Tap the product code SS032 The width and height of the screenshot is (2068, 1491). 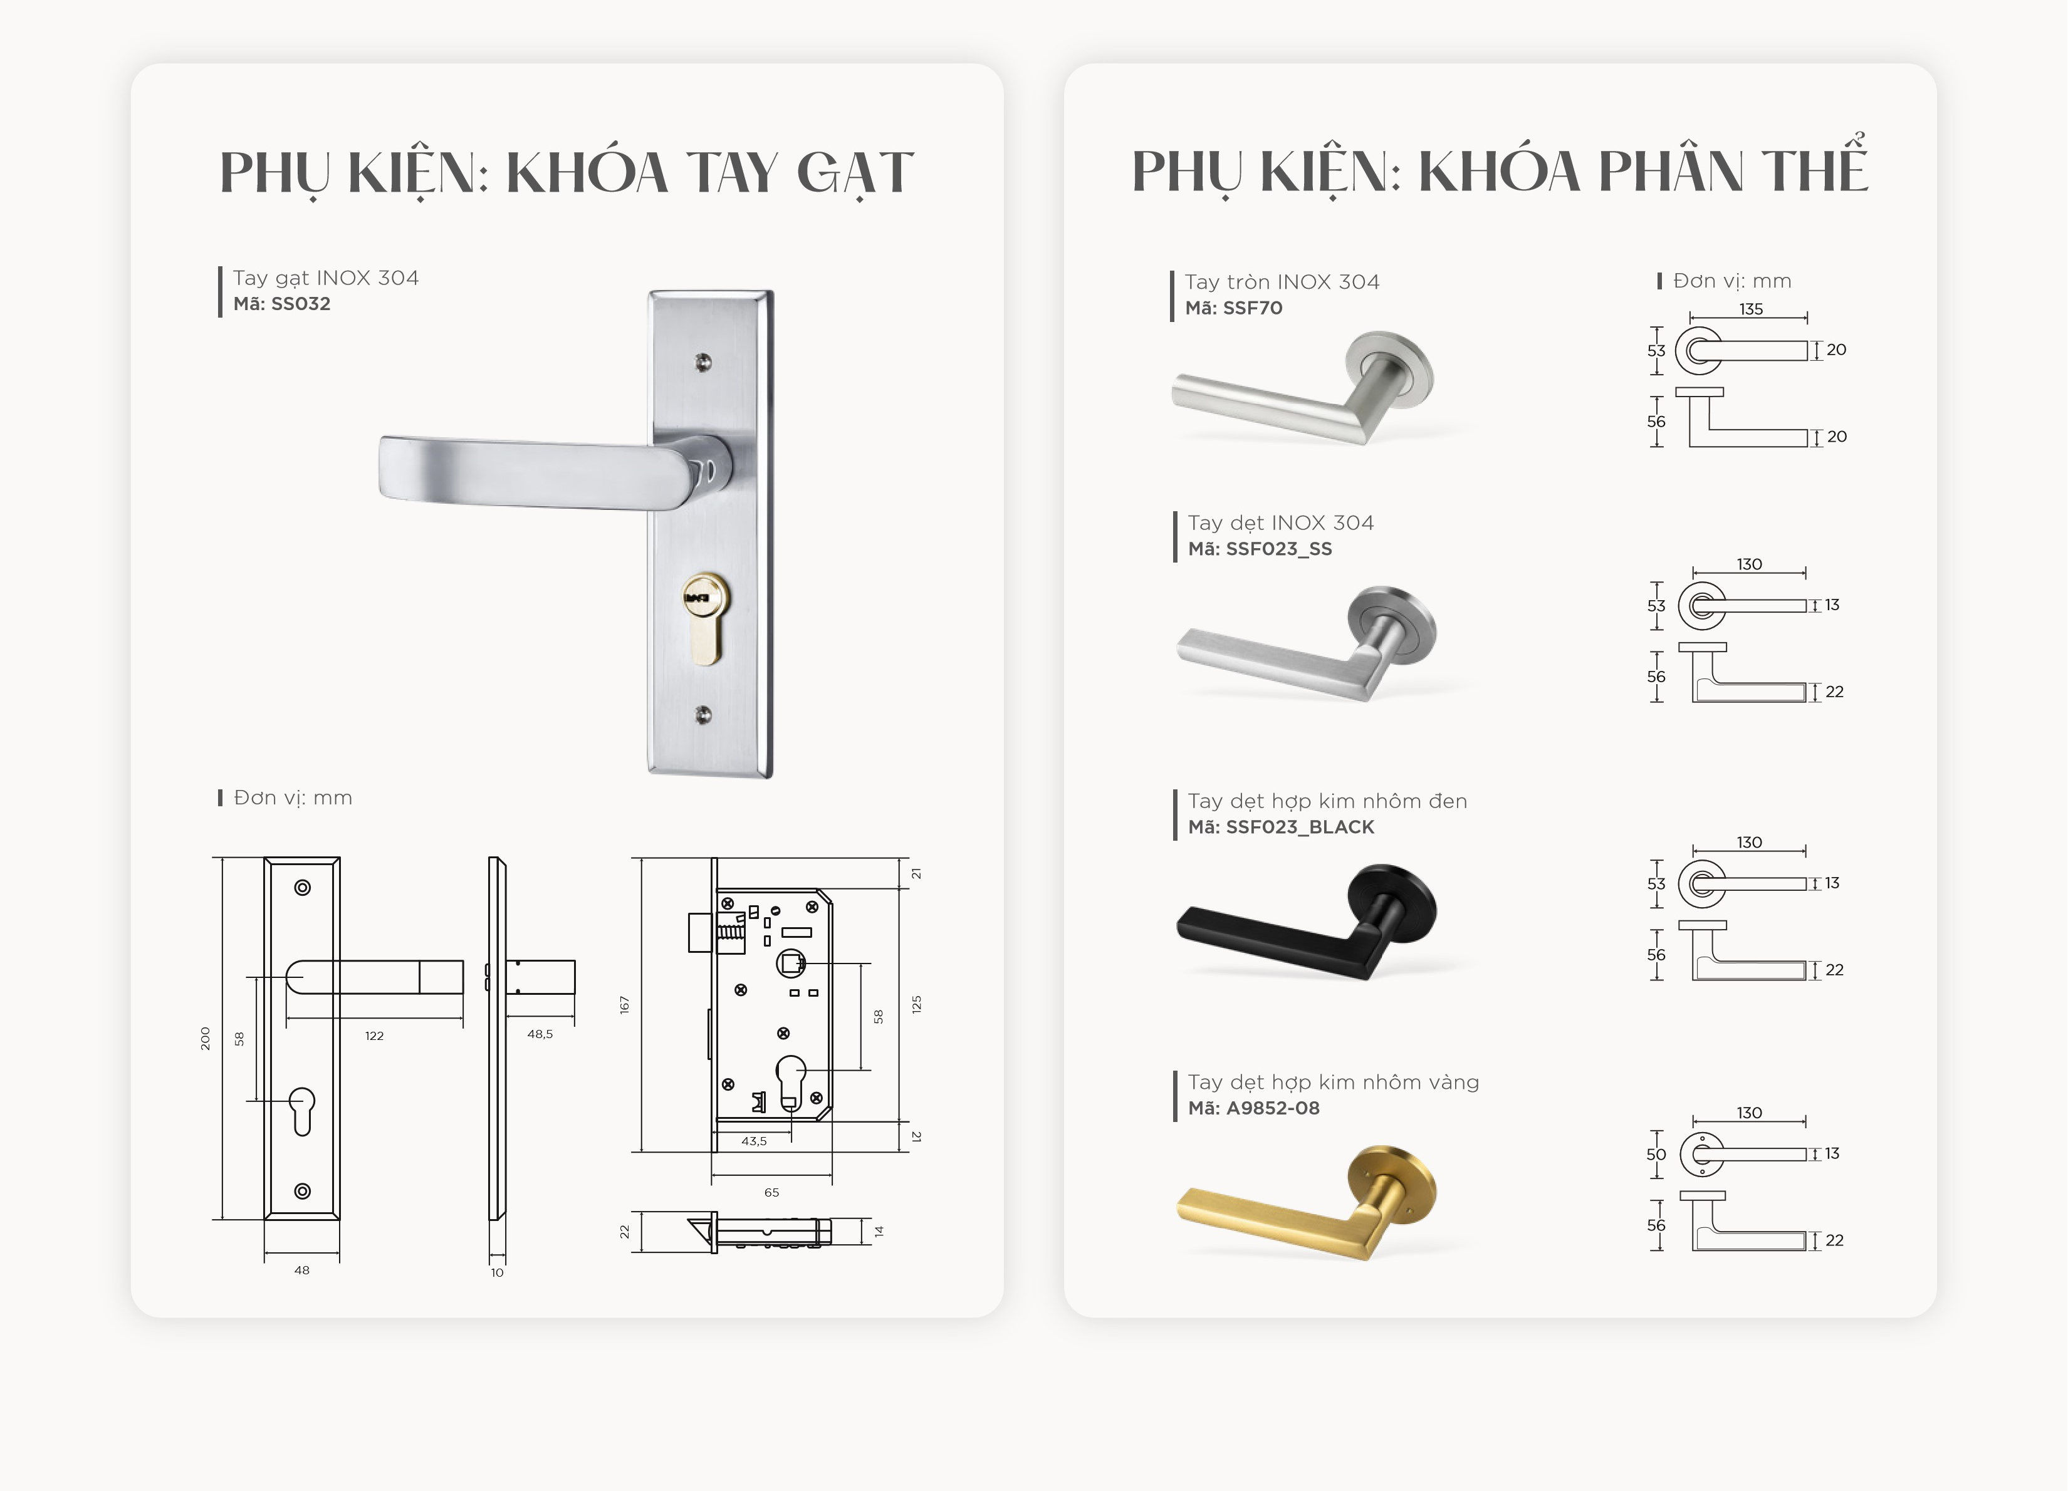(300, 303)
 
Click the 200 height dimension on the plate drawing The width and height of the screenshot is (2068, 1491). (205, 1038)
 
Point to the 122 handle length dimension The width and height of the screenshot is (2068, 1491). (374, 1036)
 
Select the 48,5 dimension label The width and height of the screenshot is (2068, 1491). (540, 1034)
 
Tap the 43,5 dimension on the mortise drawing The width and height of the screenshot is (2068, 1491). (754, 1140)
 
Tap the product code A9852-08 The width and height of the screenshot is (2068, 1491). (1273, 1108)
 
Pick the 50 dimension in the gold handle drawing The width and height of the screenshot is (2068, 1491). (1656, 1154)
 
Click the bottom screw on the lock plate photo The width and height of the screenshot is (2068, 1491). (703, 715)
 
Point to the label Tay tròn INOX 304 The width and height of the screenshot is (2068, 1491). (1282, 282)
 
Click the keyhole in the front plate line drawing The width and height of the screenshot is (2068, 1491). (303, 1111)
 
